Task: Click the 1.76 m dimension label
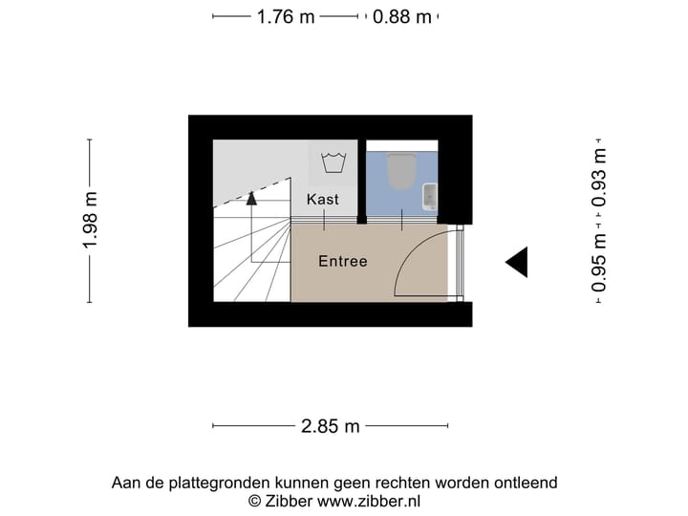tap(286, 16)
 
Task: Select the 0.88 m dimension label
tap(402, 16)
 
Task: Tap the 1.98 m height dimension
tap(90, 221)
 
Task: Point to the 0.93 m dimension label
tap(598, 178)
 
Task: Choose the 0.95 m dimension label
tap(598, 263)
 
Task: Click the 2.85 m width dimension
tap(330, 426)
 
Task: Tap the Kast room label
tap(323, 199)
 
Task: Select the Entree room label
tap(343, 261)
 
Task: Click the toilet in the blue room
tap(401, 171)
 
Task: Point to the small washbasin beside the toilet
tap(430, 197)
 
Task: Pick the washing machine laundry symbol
tap(333, 162)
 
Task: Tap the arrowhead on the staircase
tap(251, 199)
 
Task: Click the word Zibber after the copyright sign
tap(289, 501)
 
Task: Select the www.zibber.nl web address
tap(369, 501)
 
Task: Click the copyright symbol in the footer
tap(254, 501)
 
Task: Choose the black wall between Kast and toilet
tap(362, 182)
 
